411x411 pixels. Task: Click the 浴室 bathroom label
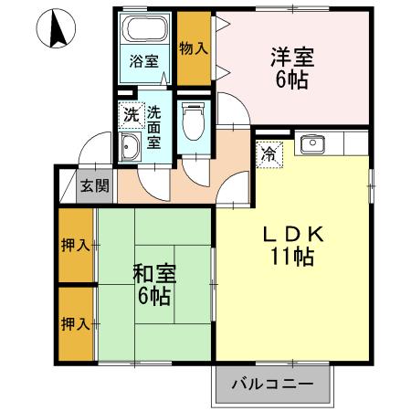pyautogui.click(x=143, y=62)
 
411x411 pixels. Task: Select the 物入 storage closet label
pyautogui.click(x=193, y=47)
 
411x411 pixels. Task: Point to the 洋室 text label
pyautogui.click(x=292, y=57)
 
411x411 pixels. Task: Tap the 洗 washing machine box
pyautogui.click(x=132, y=115)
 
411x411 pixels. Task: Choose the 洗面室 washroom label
pyautogui.click(x=154, y=127)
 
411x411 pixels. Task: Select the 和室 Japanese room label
pyautogui.click(x=154, y=273)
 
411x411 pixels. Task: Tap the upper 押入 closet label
pyautogui.click(x=76, y=245)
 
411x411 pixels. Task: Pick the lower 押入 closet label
pyautogui.click(x=76, y=322)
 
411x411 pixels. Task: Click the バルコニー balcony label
pyautogui.click(x=270, y=384)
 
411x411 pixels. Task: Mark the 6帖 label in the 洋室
pyautogui.click(x=292, y=79)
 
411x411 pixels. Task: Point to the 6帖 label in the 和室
pyautogui.click(x=154, y=296)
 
